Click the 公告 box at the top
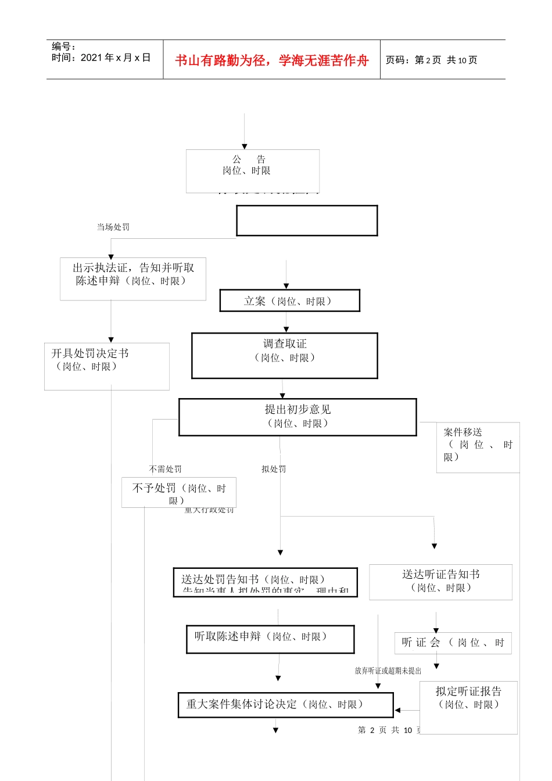pos(252,171)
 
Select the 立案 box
pos(289,301)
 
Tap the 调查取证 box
pos(285,355)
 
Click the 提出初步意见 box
pos(297,417)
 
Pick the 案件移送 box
pos(478,447)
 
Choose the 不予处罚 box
pos(178,493)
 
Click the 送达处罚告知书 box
pos(265,582)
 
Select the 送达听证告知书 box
pos(440,582)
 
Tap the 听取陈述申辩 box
pos(270,639)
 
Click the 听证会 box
pos(453,643)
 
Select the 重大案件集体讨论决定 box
pos(285,705)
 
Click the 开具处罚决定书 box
pos(107,366)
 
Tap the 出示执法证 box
pos(133,279)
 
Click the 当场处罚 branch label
pos(113,227)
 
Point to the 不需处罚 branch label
pos(166,469)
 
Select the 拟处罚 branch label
pos(274,469)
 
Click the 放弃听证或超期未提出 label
pos(388,671)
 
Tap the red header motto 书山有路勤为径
pos(272,60)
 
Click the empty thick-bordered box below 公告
pos(307,221)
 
